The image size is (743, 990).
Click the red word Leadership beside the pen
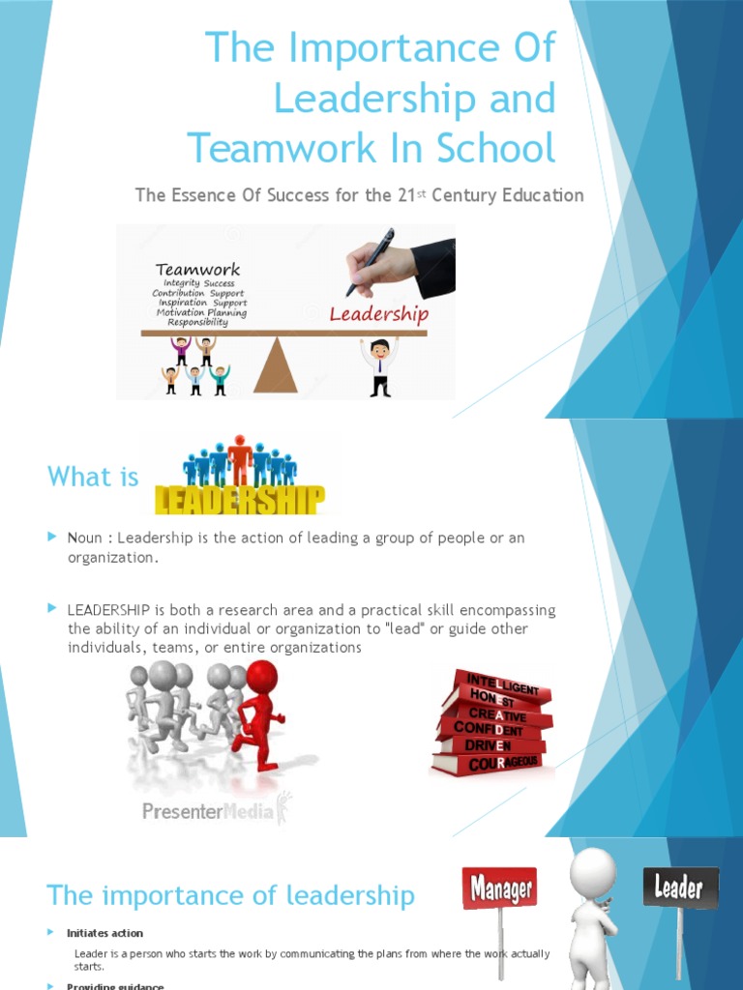pyautogui.click(x=378, y=314)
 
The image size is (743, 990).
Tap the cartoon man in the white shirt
pyautogui.click(x=379, y=365)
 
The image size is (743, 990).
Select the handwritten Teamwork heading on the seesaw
pyautogui.click(x=197, y=270)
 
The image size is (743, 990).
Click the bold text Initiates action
pyautogui.click(x=104, y=933)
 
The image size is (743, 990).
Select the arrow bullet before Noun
pyautogui.click(x=53, y=537)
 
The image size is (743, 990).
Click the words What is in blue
pyautogui.click(x=93, y=477)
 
